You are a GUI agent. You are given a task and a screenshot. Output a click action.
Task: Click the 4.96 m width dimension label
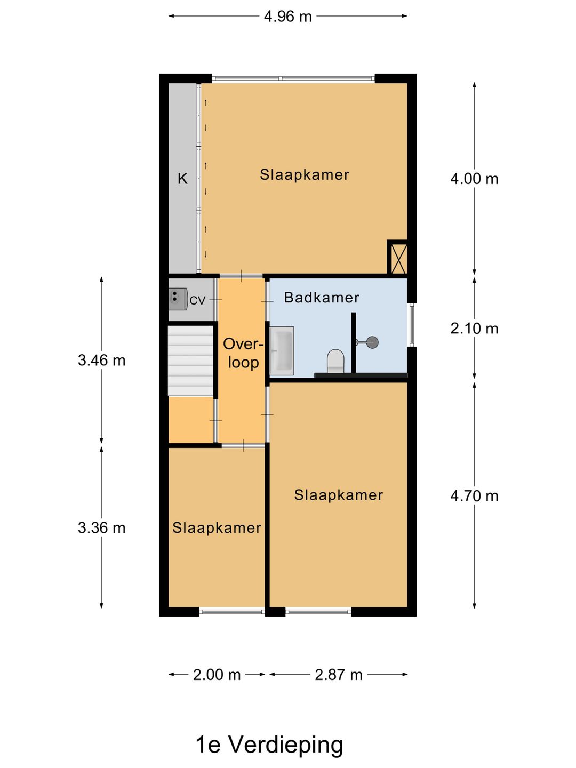coord(287,17)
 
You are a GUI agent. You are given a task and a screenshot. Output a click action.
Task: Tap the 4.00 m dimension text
coord(474,179)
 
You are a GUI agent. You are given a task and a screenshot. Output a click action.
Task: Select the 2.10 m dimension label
coord(474,329)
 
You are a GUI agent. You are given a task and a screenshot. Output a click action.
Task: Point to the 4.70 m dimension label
coord(474,496)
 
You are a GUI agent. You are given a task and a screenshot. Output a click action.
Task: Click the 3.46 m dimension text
coord(101,360)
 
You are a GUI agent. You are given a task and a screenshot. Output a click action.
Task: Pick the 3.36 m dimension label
coord(101,527)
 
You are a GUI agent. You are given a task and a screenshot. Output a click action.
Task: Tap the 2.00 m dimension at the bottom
coord(217,675)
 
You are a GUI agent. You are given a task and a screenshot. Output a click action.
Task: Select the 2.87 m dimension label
coord(339,675)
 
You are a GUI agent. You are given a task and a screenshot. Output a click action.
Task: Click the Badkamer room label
coord(322,298)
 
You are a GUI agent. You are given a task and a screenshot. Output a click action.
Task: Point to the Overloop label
coord(243,353)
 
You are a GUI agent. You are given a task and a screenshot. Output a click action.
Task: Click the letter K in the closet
coord(182,179)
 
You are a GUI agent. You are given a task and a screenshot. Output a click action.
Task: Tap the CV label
coord(197,300)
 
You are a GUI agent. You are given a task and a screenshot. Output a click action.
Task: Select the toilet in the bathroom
coord(336,361)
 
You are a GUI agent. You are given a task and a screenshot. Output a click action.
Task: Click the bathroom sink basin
coord(282,351)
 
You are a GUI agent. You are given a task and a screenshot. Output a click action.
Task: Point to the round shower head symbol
coord(372,342)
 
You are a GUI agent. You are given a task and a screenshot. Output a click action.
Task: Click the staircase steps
coord(190,361)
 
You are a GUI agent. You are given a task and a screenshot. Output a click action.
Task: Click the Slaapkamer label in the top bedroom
coord(304,175)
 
